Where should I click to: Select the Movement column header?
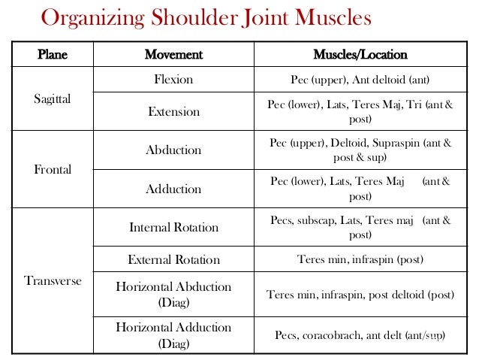(x=173, y=56)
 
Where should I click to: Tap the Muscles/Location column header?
(x=360, y=56)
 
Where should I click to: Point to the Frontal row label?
(x=53, y=170)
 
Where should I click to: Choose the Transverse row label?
(x=53, y=281)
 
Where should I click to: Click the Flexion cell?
(x=173, y=79)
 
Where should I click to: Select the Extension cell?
(x=173, y=112)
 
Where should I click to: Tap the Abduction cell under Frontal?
(x=173, y=150)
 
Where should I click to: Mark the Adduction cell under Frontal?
(x=173, y=189)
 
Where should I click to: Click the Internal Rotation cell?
(x=173, y=227)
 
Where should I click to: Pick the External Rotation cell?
(x=173, y=260)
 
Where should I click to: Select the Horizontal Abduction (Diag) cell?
(x=173, y=294)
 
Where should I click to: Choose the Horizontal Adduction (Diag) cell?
(x=173, y=334)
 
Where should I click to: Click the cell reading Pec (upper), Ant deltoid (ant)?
(x=360, y=79)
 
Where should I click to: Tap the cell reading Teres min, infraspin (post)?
(x=360, y=260)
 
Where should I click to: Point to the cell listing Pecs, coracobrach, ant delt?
(x=360, y=334)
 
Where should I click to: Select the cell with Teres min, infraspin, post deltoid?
(x=360, y=295)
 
